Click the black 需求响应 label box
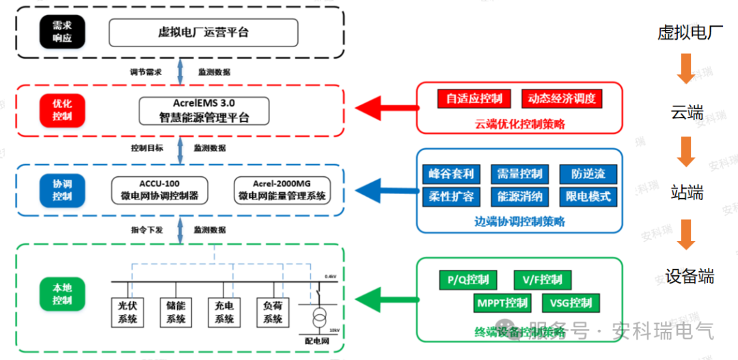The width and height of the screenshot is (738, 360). pyautogui.click(x=62, y=32)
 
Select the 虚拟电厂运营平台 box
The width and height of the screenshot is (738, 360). pyautogui.click(x=203, y=32)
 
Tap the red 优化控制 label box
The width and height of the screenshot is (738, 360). pyautogui.click(x=62, y=110)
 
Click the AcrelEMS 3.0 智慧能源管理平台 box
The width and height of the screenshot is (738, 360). pyautogui.click(x=204, y=110)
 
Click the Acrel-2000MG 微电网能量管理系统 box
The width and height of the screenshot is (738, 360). pyautogui.click(x=282, y=190)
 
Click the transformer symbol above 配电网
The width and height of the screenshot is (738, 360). pyautogui.click(x=319, y=318)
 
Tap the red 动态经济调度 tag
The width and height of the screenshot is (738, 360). pyautogui.click(x=562, y=98)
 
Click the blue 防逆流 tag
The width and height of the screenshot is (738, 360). pyautogui.click(x=588, y=174)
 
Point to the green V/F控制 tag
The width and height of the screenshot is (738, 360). pyautogui.click(x=542, y=279)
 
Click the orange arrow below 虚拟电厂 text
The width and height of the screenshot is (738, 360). pyautogui.click(x=686, y=69)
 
